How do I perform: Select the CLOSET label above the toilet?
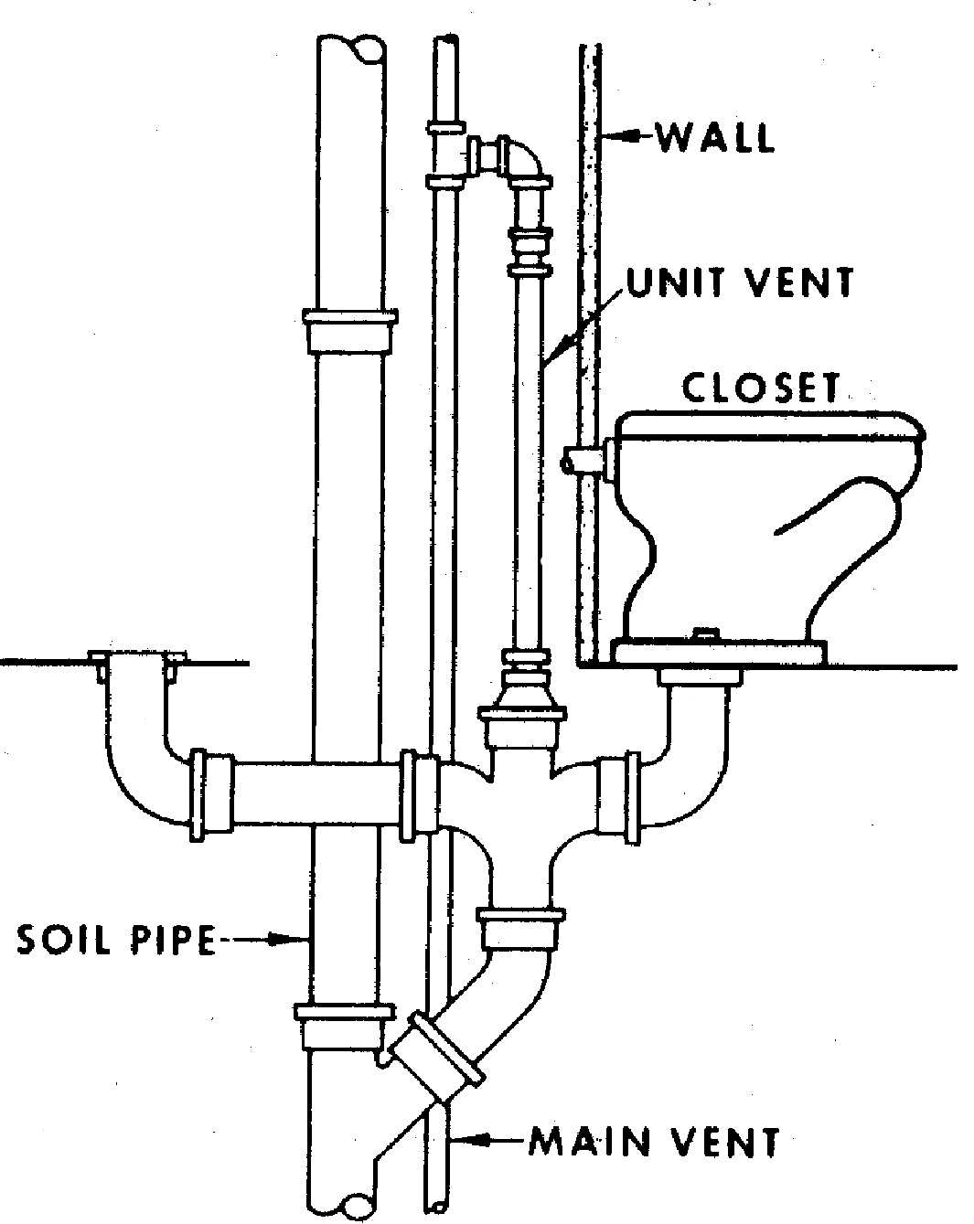(x=761, y=388)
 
